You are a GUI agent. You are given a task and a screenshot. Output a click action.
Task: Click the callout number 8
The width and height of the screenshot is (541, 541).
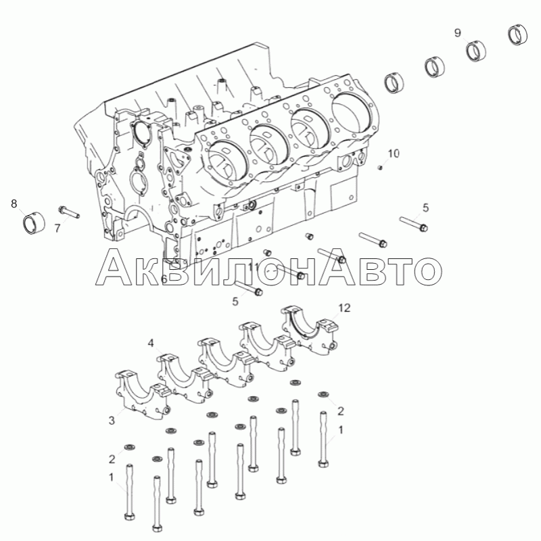[x=14, y=204]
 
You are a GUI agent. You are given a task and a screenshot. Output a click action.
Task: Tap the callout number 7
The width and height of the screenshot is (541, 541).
[x=57, y=228]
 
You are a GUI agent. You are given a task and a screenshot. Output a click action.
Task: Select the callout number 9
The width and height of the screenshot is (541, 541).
[x=458, y=32]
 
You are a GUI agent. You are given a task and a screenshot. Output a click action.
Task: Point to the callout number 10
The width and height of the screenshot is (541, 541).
[x=394, y=154]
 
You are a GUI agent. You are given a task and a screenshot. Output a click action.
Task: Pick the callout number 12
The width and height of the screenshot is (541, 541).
[x=344, y=308]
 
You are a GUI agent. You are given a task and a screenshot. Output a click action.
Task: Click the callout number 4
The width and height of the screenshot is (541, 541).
[x=151, y=343]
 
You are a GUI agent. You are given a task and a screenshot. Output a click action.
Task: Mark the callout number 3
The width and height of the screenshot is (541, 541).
[x=112, y=421]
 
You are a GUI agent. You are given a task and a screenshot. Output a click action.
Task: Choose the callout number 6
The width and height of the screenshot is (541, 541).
[x=164, y=279]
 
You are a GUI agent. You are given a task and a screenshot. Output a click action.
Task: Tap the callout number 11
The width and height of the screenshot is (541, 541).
[x=254, y=266]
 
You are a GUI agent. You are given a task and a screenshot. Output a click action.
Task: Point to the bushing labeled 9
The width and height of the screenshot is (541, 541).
[x=477, y=51]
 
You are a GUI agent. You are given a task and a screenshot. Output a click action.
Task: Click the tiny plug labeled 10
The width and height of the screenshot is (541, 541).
[x=380, y=168]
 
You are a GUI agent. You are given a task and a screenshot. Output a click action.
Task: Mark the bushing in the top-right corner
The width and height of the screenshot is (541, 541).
[x=518, y=35]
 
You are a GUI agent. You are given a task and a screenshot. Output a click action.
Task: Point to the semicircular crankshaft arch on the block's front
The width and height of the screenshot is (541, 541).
[x=138, y=211]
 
